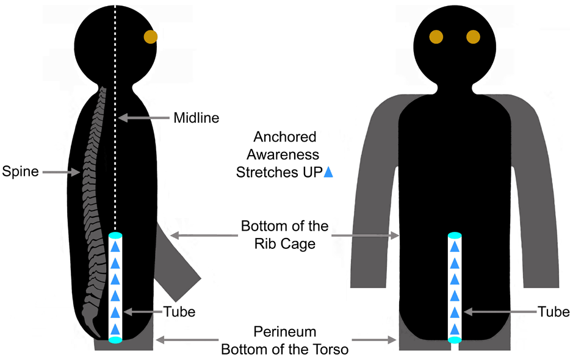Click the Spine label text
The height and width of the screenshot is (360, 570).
click(20, 171)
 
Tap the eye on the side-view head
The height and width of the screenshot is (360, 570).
click(150, 37)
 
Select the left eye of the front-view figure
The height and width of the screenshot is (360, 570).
click(435, 37)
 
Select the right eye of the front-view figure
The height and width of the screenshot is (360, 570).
click(474, 37)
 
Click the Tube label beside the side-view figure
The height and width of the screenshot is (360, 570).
click(179, 312)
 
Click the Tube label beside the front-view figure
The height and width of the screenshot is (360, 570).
click(554, 312)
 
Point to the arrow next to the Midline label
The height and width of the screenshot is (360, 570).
click(143, 117)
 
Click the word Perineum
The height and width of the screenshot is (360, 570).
click(285, 333)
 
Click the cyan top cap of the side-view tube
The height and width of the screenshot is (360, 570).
click(115, 235)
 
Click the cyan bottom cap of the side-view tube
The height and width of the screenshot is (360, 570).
click(115, 340)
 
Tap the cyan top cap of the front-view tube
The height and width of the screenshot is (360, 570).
click(455, 235)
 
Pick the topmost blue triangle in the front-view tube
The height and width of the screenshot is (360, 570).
click(455, 247)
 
